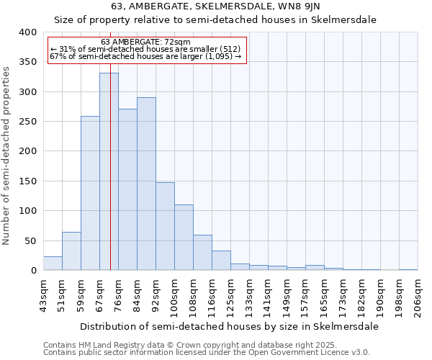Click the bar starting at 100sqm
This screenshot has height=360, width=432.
184,238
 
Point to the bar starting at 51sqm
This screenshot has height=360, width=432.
71,251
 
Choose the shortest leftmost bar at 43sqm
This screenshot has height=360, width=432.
53,264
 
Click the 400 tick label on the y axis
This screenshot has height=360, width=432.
27,32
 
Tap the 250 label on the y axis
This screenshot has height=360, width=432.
27,122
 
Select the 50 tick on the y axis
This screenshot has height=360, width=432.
30,240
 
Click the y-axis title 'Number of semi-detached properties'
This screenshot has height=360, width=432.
7,156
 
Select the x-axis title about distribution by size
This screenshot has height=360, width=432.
229,326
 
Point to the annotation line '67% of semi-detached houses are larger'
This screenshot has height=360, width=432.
145,56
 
